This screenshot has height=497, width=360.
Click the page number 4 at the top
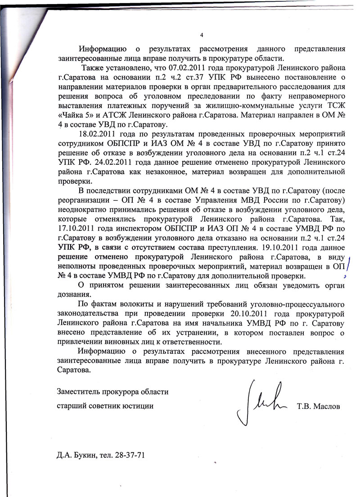[202, 36]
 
